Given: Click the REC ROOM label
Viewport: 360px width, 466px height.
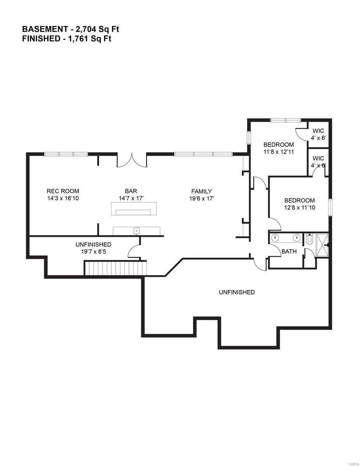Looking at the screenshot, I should coord(63,191).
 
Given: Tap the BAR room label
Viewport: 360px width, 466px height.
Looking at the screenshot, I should coord(131,191).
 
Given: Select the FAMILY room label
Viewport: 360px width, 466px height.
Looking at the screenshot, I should coord(202,191).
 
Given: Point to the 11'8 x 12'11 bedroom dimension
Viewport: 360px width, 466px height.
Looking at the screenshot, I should coord(278,152).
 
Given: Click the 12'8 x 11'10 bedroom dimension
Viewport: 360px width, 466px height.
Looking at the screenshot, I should coord(299,207).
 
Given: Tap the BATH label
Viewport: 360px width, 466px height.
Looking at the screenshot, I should coord(289,251).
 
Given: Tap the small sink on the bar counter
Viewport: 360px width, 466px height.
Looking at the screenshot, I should coord(136,231).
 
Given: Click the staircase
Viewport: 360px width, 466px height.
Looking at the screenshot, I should coord(115,268).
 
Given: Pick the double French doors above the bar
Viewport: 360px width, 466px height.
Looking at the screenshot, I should coord(132,160).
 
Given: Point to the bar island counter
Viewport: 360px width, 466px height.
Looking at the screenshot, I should coord(134,209).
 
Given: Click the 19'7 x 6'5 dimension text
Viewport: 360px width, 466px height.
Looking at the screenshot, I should coord(93,251).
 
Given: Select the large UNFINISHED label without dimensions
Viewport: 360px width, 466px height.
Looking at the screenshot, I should coord(237,292).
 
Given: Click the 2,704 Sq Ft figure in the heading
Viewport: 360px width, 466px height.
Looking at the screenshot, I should coord(90,29).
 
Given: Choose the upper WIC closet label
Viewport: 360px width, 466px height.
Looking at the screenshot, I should coord(318,131).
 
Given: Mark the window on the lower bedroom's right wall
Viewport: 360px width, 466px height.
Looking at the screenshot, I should coord(330,207).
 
